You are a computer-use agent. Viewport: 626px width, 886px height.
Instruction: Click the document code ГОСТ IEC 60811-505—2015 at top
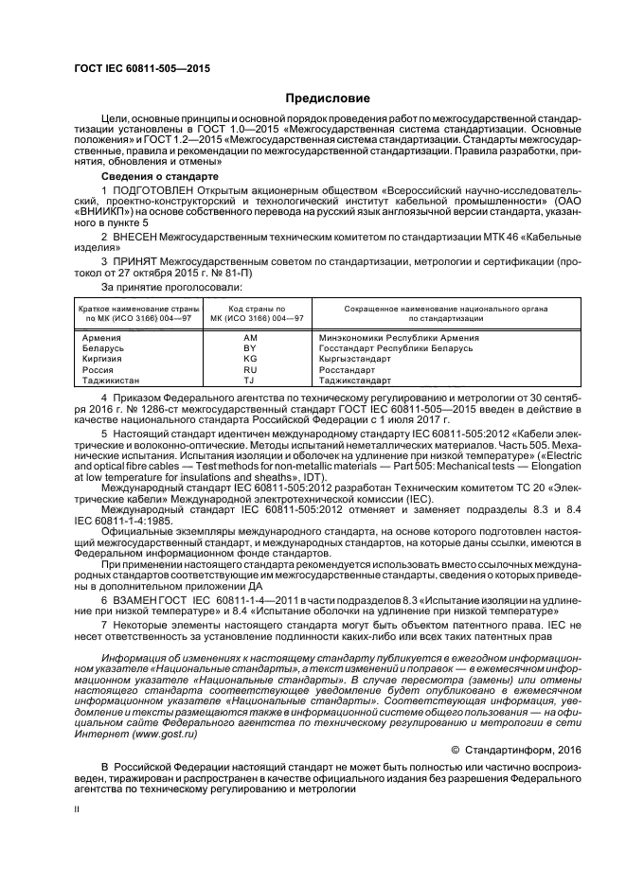click(141, 69)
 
